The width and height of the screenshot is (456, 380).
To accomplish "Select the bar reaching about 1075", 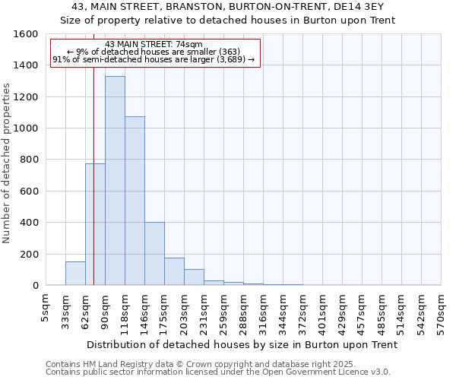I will pos(135,201).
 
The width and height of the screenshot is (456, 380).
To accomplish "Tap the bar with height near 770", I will pos(95,224).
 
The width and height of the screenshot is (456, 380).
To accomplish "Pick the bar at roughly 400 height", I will pos(154,254).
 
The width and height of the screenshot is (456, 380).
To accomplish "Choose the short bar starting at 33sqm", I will pos(75,274).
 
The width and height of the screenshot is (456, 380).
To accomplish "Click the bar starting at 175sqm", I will pos(174,271).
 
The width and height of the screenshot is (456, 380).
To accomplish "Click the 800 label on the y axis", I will pos(28,160).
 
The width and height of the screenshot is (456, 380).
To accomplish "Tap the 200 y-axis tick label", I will pos(28,254).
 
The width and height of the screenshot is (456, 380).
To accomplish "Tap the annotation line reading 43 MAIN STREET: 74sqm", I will pos(154,44).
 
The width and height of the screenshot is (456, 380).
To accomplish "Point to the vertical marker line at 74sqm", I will pos(93,190).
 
